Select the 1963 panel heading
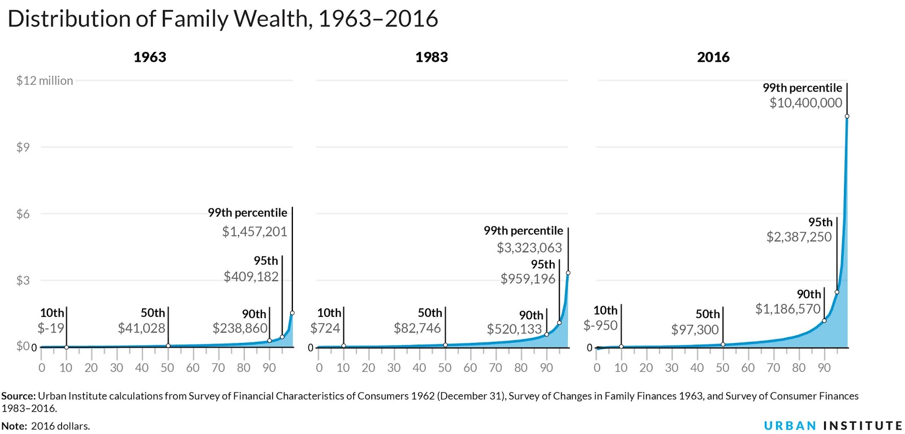pyautogui.click(x=149, y=57)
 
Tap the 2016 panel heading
pyautogui.click(x=713, y=57)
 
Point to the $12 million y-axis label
pyautogui.click(x=44, y=80)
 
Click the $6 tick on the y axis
pyautogui.click(x=23, y=214)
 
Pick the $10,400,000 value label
pyautogui.click(x=805, y=103)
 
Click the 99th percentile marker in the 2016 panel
pyautogui.click(x=847, y=117)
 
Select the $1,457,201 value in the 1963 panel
pyautogui.click(x=255, y=231)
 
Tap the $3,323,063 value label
pyautogui.click(x=529, y=248)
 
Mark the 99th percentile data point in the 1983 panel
pyautogui.click(x=568, y=273)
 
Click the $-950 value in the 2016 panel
pyautogui.click(x=600, y=325)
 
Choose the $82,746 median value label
pyautogui.click(x=417, y=328)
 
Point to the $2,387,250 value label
pyautogui.click(x=799, y=237)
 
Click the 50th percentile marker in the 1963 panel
pyautogui.click(x=168, y=346)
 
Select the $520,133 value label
pyautogui.click(x=514, y=329)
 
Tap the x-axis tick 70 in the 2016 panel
pyautogui.click(x=773, y=368)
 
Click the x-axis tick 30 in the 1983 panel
pyautogui.click(x=394, y=368)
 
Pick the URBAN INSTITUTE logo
pyautogui.click(x=833, y=426)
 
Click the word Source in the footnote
pyautogui.click(x=18, y=396)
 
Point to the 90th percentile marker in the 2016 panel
pyautogui.click(x=824, y=321)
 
